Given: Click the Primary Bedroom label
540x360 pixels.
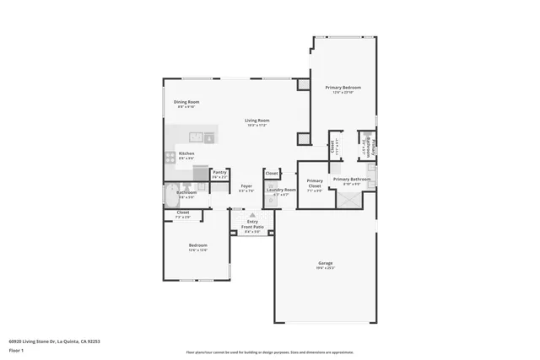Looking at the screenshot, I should (x=344, y=88).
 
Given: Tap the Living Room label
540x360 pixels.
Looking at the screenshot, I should (x=257, y=121).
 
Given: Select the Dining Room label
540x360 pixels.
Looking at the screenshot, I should (x=187, y=102).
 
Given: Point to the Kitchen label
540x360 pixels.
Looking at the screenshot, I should (x=186, y=153).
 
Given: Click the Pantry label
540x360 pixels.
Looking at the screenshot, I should (x=219, y=173).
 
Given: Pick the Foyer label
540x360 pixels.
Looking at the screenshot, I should (x=246, y=186).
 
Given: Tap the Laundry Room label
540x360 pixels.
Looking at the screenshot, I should (x=281, y=190).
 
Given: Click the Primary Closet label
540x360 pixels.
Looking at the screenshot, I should (x=314, y=183).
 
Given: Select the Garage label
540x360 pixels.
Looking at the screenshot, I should (x=325, y=264).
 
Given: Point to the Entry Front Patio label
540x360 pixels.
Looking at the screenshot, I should (x=251, y=224).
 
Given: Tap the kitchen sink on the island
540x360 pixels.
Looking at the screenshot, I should (x=197, y=135).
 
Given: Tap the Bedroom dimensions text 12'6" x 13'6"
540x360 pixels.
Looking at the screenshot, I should (x=197, y=250).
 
